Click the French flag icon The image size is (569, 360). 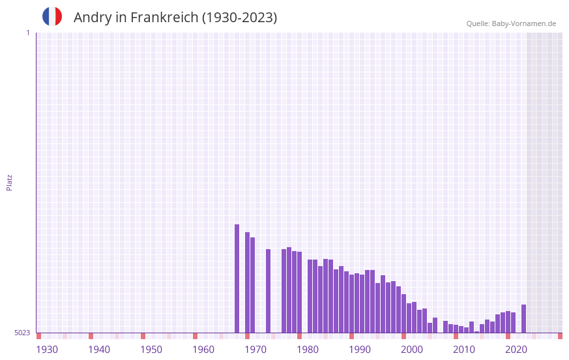coord(52,16)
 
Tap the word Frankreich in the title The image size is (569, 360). coord(165,18)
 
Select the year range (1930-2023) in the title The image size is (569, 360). coord(239,18)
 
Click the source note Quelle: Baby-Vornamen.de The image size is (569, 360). coord(511,23)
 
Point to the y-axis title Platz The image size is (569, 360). coord(9,182)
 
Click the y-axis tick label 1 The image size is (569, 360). coord(27,33)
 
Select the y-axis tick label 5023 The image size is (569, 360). coord(22,333)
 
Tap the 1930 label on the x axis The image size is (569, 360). coord(47,350)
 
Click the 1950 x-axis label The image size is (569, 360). coord(151,350)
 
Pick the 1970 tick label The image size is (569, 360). coord(255,350)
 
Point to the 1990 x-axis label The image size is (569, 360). coord(360,350)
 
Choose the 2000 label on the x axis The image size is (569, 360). coord(412,350)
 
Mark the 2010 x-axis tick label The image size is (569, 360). coord(464,350)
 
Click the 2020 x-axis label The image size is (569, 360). coord(516,350)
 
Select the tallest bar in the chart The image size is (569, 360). coord(237,278)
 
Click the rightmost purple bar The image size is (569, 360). coord(523,319)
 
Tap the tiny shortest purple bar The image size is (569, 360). coord(476,331)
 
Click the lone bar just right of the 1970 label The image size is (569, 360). coord(268,291)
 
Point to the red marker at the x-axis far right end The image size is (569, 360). coord(560,336)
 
